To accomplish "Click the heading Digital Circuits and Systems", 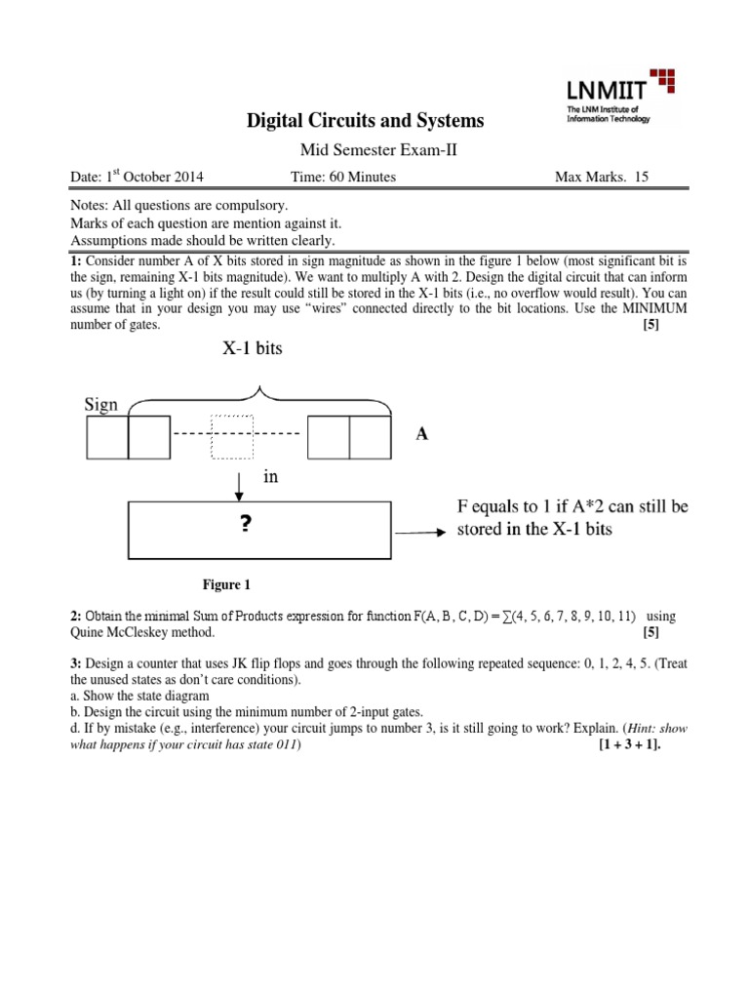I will (362, 121).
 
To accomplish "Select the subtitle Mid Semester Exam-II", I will (362, 149).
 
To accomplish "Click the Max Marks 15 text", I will (601, 177).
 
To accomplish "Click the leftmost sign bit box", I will (107, 437).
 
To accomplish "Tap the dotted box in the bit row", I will (231, 437).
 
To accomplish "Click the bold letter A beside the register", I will (422, 436).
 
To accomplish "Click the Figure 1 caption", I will (226, 585).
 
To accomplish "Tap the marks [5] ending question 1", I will (650, 327).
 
